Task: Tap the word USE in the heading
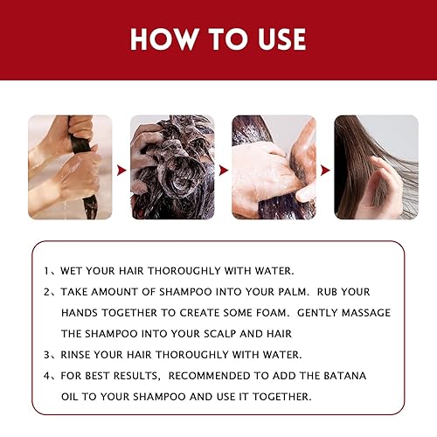point(277,39)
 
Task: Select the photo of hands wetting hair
point(70,166)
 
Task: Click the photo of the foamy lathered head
point(173,166)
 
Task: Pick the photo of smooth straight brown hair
point(370,166)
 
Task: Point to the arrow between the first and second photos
point(121,166)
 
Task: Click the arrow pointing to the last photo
point(324,166)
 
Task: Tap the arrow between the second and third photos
point(224,166)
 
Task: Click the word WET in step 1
point(74,270)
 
